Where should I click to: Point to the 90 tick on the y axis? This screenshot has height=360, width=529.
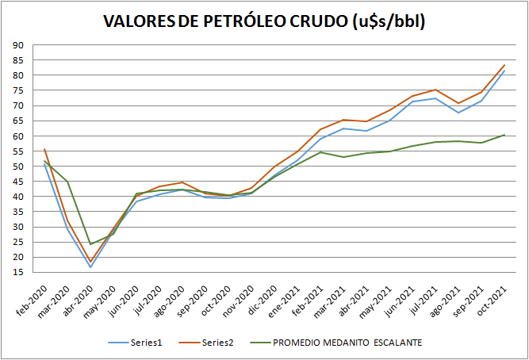click(17, 45)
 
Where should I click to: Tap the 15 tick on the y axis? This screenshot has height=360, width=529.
click(17, 272)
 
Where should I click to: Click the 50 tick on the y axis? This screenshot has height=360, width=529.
click(17, 167)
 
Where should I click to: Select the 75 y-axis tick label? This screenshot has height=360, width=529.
click(17, 90)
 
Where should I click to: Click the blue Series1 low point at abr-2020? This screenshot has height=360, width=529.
click(90, 266)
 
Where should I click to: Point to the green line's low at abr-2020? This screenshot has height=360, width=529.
click(90, 243)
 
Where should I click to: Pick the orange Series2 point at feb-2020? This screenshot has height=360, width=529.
click(44, 149)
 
